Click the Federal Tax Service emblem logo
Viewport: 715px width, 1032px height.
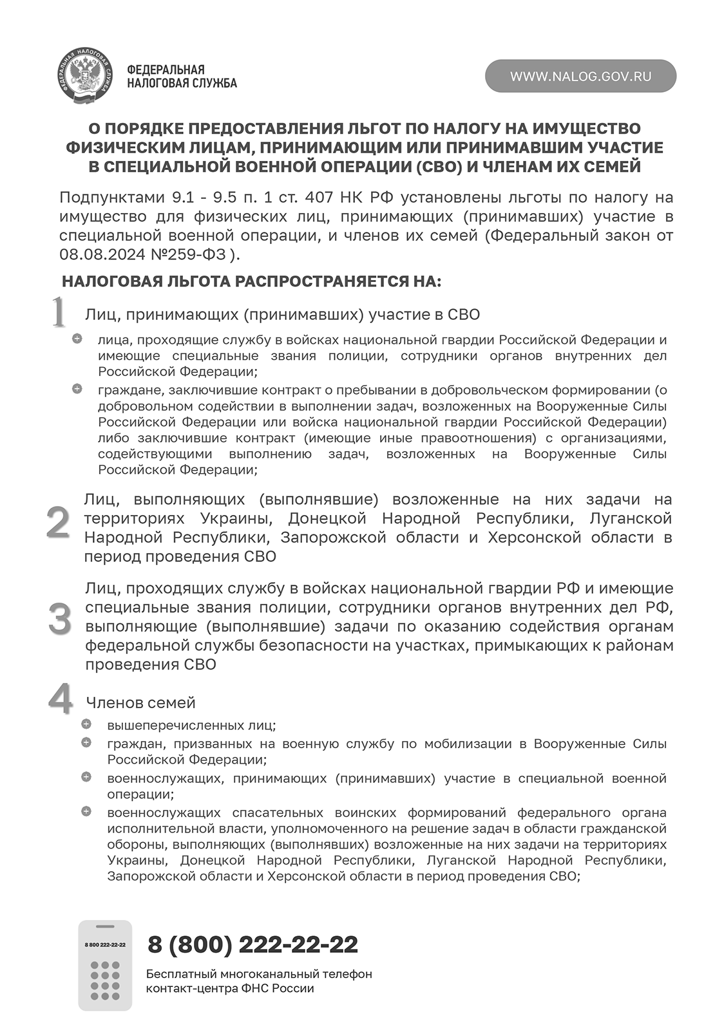tap(84, 76)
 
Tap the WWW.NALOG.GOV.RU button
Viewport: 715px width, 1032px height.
tap(580, 76)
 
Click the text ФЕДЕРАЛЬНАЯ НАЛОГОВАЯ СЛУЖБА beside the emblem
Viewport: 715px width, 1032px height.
tap(182, 76)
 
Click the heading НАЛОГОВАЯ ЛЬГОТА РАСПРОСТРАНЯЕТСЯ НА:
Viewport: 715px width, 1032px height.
tap(251, 281)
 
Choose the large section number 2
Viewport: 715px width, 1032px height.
tap(58, 523)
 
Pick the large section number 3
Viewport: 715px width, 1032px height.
tap(59, 619)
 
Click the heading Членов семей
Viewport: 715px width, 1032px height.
tap(140, 702)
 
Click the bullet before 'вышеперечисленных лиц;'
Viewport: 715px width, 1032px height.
tap(86, 724)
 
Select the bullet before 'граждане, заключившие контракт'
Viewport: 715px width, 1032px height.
tap(77, 389)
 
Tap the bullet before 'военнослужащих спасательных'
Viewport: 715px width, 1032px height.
tap(86, 811)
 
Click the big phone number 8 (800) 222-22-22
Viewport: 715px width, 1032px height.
tap(253, 944)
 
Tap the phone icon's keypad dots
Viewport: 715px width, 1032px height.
tap(105, 980)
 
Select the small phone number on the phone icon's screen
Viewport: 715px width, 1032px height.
tap(105, 944)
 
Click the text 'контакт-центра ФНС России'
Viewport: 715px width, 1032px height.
tap(229, 988)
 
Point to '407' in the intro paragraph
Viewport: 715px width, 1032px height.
tap(319, 197)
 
